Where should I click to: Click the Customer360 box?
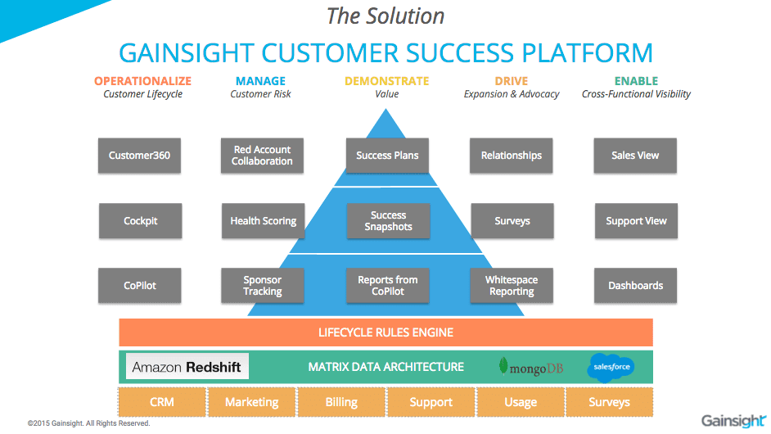[x=139, y=156]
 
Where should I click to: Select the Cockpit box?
[x=140, y=221]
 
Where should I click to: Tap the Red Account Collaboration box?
[x=262, y=156]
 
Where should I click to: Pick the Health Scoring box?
[x=263, y=221]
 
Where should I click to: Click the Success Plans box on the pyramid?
[x=387, y=156]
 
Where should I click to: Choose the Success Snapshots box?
[x=388, y=221]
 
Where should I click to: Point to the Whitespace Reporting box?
[x=512, y=286]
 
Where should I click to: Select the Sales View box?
[x=635, y=156]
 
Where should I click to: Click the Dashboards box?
[x=635, y=286]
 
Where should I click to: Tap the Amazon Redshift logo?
[x=187, y=367]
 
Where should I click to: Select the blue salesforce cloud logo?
[x=610, y=367]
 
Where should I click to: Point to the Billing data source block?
[x=341, y=402]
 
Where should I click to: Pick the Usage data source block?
[x=521, y=402]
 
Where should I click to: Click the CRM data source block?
[x=161, y=402]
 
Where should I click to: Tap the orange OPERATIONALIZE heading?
[x=142, y=81]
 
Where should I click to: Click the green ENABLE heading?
[x=636, y=81]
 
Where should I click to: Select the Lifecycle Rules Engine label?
[x=385, y=332]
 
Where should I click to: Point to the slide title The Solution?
[x=385, y=16]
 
